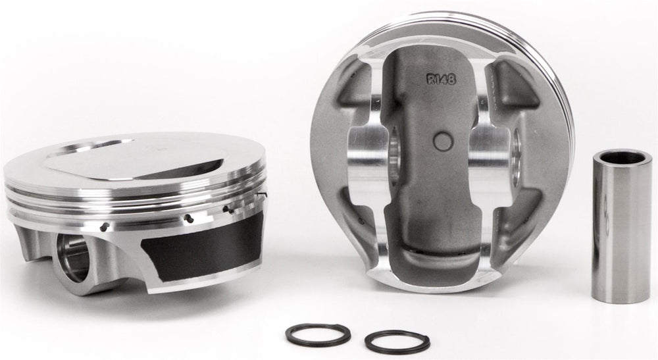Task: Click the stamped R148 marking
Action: tap(441, 78)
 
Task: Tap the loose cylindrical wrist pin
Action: tap(622, 226)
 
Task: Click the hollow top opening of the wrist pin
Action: tap(622, 158)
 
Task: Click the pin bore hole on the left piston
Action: tap(74, 257)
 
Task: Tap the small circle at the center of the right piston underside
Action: tap(443, 141)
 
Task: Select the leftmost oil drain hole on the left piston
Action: tap(105, 227)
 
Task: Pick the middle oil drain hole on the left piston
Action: tap(190, 219)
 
